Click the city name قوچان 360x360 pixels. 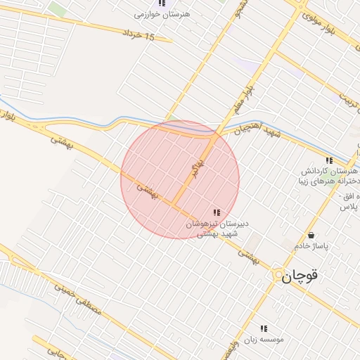point(300,276)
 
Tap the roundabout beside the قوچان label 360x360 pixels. point(278,274)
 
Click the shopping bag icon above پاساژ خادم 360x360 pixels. point(311,235)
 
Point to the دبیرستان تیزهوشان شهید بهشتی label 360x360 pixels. point(218,229)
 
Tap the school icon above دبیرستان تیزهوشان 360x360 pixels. point(217,212)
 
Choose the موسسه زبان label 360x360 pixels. point(264,339)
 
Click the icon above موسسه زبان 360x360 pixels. point(264,328)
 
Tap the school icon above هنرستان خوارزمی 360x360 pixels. point(162,4)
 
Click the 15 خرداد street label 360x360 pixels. point(138,35)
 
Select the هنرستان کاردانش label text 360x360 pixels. point(330,172)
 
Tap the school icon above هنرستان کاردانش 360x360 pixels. point(329,161)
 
